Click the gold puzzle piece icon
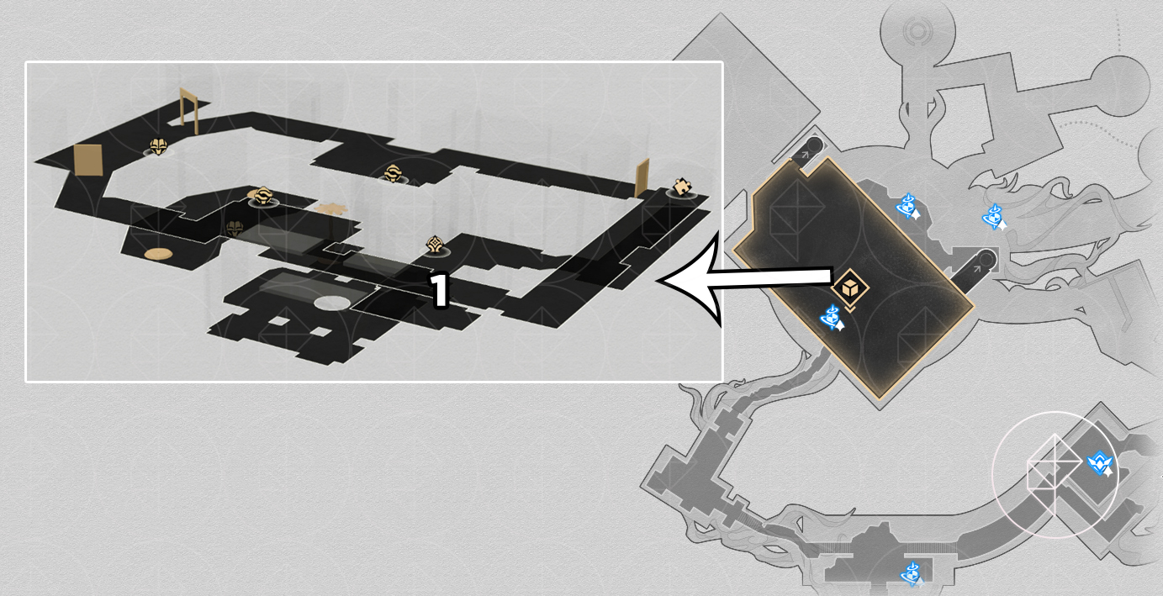pyautogui.click(x=682, y=186)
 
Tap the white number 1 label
pyautogui.click(x=439, y=290)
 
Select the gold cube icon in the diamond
pyautogui.click(x=850, y=287)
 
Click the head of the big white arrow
pyautogui.click(x=690, y=280)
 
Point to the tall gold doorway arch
pyautogui.click(x=189, y=111)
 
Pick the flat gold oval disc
pyautogui.click(x=158, y=254)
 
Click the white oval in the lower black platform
pyautogui.click(x=332, y=303)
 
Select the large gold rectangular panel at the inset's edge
pyautogui.click(x=87, y=161)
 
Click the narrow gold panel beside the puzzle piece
pyautogui.click(x=642, y=178)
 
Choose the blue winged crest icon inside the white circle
pyautogui.click(x=1099, y=464)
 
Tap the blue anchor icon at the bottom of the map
pyautogui.click(x=912, y=574)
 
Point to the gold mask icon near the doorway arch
pyautogui.click(x=158, y=147)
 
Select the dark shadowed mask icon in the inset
pyautogui.click(x=235, y=229)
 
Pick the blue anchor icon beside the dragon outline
pyautogui.click(x=994, y=217)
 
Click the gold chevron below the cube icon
pyautogui.click(x=850, y=309)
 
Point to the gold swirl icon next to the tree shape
pyautogui.click(x=262, y=196)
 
